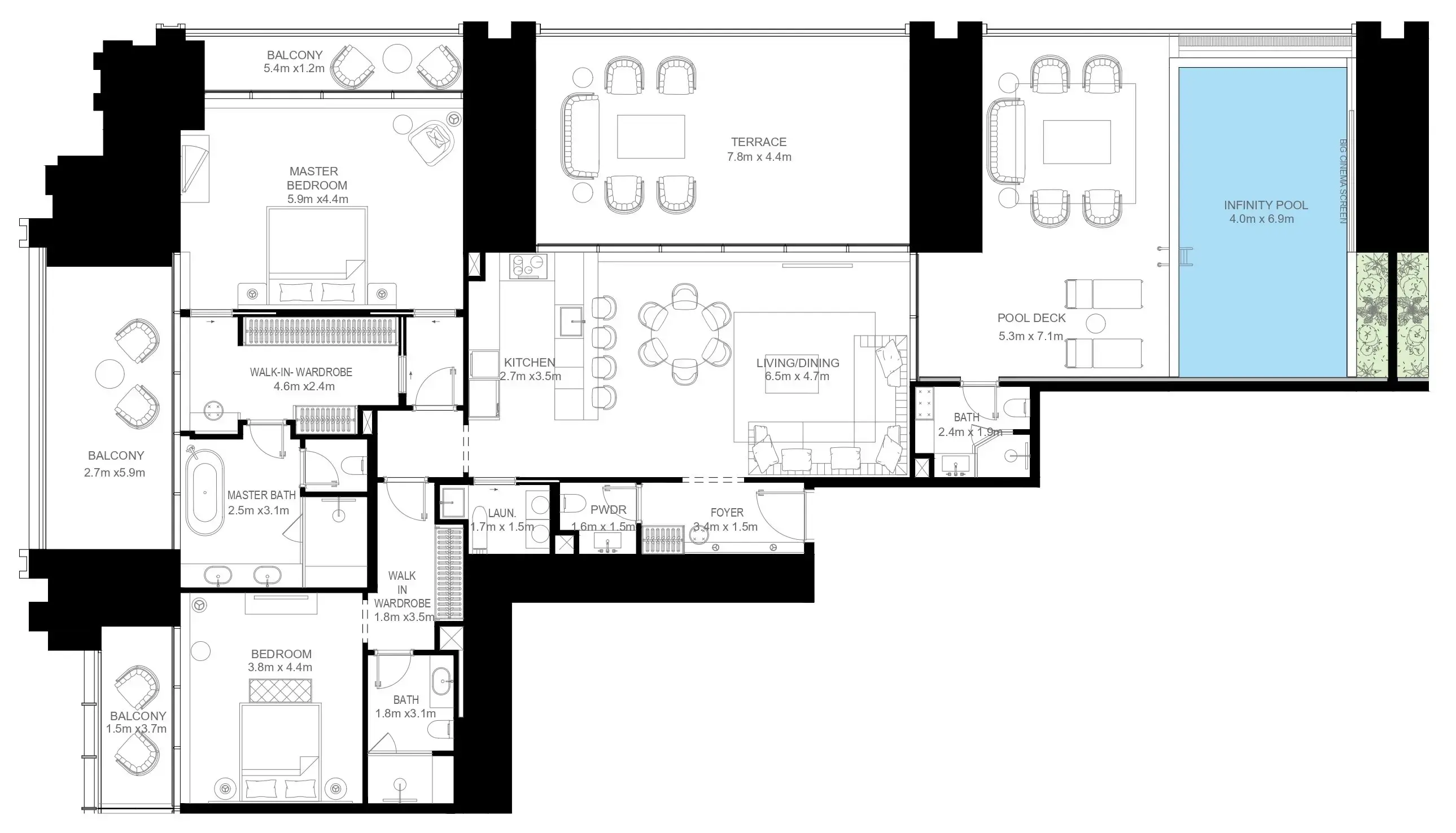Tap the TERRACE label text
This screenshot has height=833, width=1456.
coord(759,142)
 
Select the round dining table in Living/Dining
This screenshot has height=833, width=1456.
coord(685,334)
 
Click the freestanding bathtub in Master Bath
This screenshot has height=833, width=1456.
coord(204,492)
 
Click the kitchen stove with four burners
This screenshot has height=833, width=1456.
coord(527,267)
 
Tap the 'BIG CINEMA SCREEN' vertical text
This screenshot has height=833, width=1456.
coord(1343,181)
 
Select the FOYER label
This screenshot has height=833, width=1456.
coord(727,513)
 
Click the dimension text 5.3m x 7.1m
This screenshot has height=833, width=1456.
coord(1030,336)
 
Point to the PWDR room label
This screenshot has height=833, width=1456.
coord(608,510)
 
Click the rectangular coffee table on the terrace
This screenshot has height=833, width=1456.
coord(650,136)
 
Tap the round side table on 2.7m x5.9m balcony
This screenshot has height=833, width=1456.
coord(110,374)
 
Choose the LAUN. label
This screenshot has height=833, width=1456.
coord(501,514)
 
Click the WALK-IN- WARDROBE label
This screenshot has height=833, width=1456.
coord(300,372)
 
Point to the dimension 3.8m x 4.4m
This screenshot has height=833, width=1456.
coord(280,667)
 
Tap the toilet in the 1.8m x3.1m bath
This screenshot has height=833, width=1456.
coord(441,730)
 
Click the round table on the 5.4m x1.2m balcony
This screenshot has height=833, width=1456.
coord(397,58)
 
